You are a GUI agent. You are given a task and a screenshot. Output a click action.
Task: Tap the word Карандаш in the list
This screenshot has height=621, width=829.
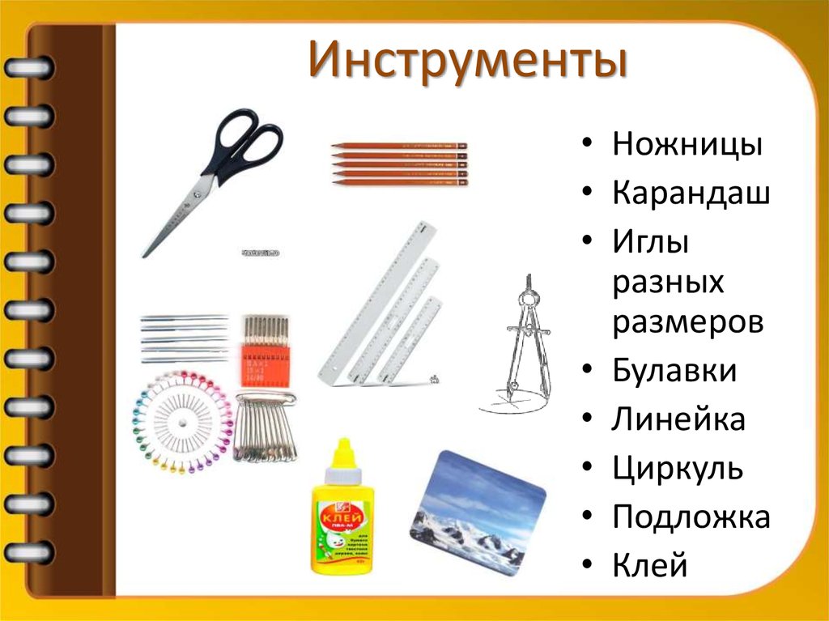pos(691,194)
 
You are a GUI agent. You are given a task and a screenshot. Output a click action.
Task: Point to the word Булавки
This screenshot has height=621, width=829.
pos(674,372)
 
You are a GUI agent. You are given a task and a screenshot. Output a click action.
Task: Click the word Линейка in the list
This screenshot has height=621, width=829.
pos(678,419)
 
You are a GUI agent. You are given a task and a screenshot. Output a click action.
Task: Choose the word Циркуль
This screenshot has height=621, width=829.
pos(678,468)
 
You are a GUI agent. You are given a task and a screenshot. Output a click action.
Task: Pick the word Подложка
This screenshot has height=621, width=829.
pos(691,516)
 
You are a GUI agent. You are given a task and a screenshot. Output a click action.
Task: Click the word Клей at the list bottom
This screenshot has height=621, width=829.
pos(650,564)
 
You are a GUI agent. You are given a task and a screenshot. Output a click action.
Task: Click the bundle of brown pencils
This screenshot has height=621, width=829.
pos(400,164)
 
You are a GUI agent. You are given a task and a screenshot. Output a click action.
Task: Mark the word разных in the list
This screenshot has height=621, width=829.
pos(668,283)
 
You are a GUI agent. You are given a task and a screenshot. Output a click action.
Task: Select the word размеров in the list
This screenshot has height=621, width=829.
pos(688,322)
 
